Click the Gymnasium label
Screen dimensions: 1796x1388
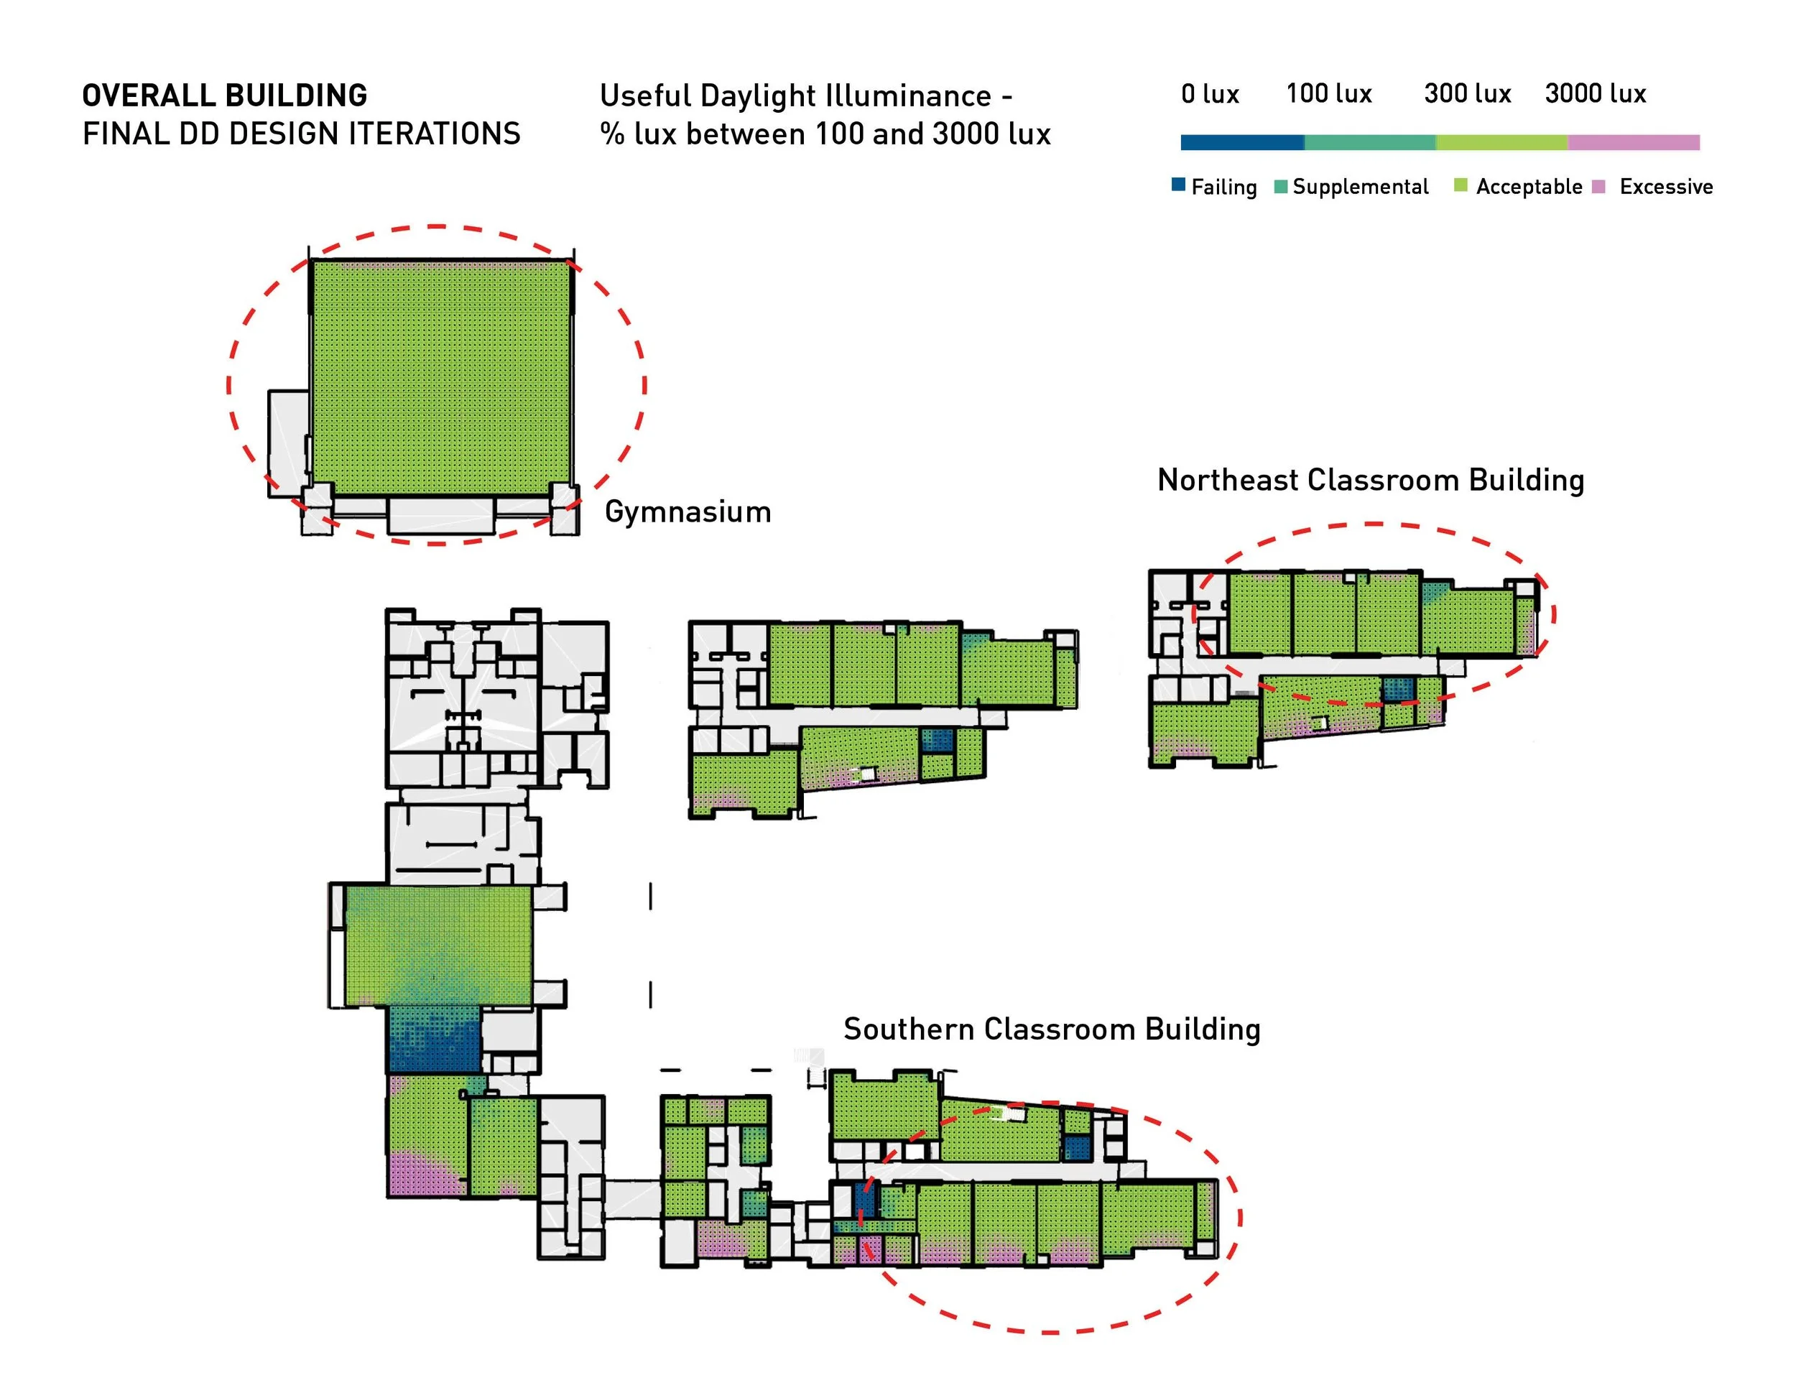click(688, 512)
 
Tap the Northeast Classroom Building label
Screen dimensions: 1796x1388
click(1370, 480)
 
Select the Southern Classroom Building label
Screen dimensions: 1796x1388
click(1051, 1030)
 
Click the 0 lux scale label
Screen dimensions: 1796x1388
click(1210, 93)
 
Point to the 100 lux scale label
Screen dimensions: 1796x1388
click(1329, 93)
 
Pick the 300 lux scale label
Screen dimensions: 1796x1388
click(1467, 93)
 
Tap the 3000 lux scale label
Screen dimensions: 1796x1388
click(1596, 93)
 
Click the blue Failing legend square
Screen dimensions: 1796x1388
click(1178, 185)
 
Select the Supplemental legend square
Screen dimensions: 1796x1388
click(1280, 187)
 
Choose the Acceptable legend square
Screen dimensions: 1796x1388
click(1461, 185)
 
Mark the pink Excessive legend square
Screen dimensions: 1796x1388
click(1598, 187)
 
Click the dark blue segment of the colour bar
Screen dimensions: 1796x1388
click(1241, 142)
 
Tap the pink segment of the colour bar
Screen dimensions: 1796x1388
click(1633, 142)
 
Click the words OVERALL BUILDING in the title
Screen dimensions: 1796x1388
click(224, 96)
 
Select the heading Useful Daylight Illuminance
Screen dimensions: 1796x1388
click(805, 96)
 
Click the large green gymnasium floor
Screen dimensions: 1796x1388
click(441, 376)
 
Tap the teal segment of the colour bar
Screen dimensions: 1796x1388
click(1369, 142)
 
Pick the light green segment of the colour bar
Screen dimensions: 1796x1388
click(1501, 142)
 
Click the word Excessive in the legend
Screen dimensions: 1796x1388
click(1666, 187)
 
